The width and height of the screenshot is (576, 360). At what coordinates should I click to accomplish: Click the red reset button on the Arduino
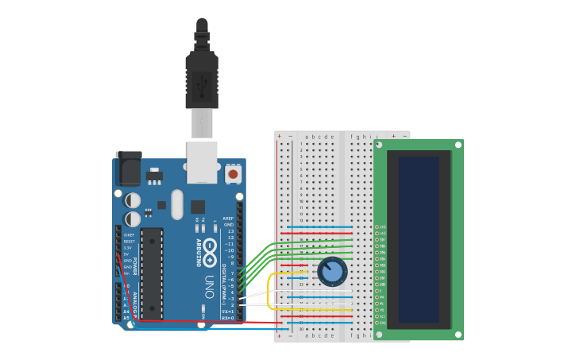233,172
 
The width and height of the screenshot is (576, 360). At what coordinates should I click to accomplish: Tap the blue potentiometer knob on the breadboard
333,272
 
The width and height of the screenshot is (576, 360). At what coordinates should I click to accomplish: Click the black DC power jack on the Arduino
128,168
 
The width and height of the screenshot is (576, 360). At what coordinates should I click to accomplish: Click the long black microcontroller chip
152,273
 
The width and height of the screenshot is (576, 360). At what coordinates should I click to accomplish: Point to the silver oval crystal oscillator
177,203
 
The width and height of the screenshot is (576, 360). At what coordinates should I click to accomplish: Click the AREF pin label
228,218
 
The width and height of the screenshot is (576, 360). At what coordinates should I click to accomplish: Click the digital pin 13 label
230,231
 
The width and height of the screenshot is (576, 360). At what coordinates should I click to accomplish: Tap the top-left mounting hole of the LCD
379,145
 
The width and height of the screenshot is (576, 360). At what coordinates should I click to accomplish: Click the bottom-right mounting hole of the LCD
458,335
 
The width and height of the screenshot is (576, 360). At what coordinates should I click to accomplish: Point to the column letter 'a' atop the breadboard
306,137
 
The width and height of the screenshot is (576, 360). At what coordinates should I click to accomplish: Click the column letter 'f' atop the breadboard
351,137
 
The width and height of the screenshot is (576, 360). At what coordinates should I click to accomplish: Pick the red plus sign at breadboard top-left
279,137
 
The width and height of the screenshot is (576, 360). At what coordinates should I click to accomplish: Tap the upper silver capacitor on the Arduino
133,200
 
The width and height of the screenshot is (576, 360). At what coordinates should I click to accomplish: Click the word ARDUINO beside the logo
199,253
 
